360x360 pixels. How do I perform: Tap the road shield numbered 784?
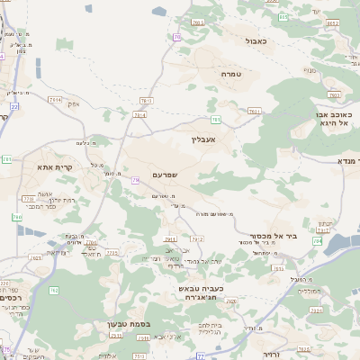pos(316,241)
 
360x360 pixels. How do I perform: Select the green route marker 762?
pos(54,289)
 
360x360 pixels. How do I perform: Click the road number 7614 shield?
pos(139,114)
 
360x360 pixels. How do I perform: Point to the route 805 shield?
pos(332,23)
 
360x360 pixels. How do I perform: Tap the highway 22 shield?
pos(14,105)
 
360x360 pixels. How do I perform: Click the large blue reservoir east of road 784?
pos(340,243)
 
